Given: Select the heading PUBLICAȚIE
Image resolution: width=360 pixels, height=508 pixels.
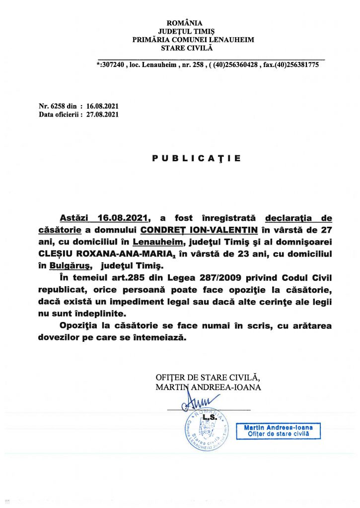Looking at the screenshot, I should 196,158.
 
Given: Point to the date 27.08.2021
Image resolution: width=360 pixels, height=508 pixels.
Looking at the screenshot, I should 102,115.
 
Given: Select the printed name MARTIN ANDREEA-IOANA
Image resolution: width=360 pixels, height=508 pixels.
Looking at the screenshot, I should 208,387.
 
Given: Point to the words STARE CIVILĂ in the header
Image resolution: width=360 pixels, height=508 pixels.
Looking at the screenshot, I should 186,48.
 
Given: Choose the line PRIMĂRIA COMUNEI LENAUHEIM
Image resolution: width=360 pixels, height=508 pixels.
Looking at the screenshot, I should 186,39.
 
